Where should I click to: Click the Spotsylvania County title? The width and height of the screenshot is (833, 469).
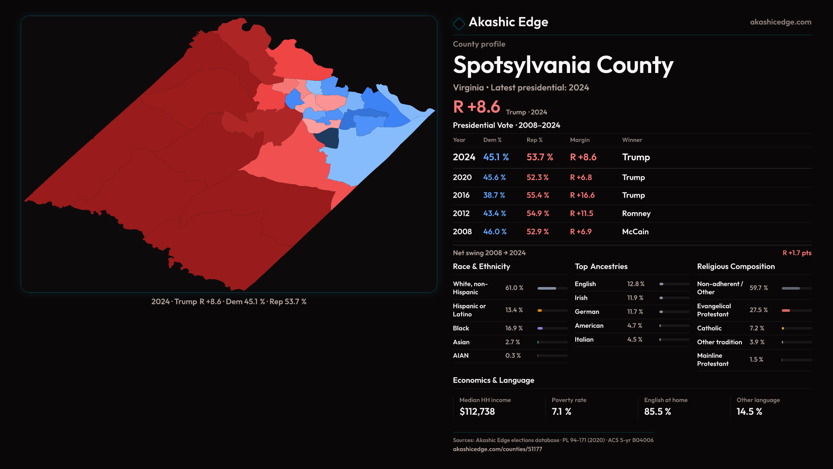[563, 65]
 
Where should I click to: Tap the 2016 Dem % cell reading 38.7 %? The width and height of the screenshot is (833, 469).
[494, 195]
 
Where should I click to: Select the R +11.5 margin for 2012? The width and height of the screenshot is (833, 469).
[581, 214]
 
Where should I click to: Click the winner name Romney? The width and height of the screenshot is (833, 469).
[636, 214]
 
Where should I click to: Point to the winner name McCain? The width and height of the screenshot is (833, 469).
[635, 232]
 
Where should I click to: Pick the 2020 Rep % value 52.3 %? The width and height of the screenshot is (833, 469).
[538, 178]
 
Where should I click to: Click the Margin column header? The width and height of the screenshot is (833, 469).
[580, 140]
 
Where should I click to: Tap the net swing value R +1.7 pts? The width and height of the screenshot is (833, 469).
[797, 253]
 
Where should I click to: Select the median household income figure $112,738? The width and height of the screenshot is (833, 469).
[477, 412]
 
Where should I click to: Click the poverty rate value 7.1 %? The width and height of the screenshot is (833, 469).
[561, 412]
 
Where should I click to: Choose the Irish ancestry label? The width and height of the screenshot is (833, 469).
[581, 298]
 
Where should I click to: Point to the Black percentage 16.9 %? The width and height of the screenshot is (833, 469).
[514, 328]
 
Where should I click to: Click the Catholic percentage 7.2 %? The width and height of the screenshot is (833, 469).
[757, 328]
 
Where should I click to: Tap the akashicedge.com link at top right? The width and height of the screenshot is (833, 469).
[780, 22]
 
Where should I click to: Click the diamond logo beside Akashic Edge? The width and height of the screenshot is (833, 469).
[459, 23]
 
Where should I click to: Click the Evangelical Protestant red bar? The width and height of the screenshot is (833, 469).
[786, 310]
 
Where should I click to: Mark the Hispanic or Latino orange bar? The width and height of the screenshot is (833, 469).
[540, 310]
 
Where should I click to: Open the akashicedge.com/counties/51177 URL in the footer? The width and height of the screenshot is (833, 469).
[497, 449]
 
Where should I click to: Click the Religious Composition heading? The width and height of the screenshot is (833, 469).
[735, 267]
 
